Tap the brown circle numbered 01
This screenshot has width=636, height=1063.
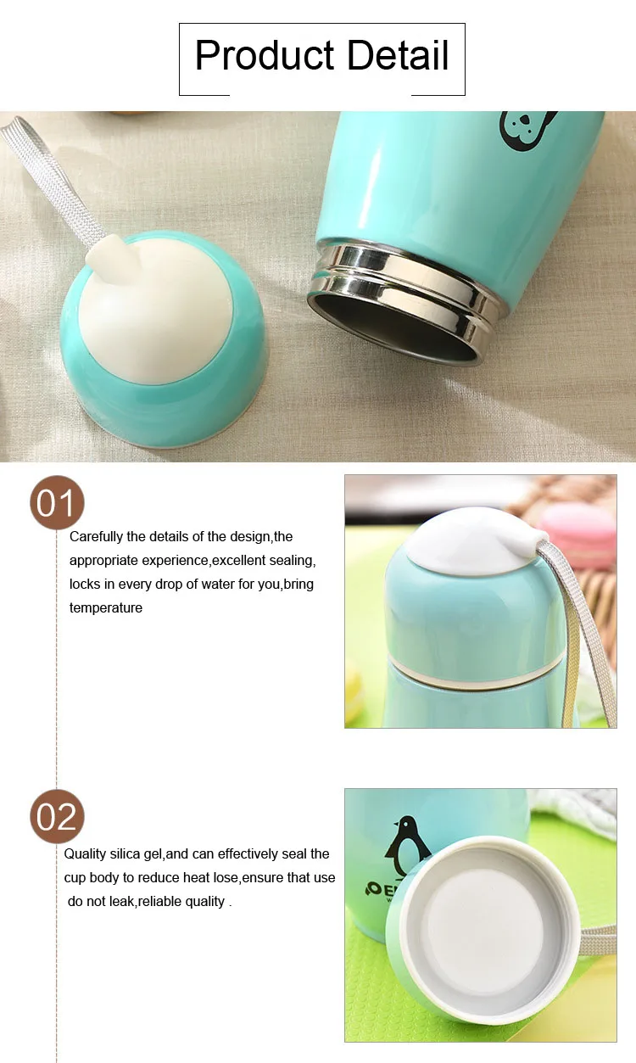tap(58, 503)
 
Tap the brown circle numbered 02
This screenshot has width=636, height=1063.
tap(58, 816)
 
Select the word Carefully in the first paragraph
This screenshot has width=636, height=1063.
tap(96, 536)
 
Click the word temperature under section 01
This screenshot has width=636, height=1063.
tap(106, 607)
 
